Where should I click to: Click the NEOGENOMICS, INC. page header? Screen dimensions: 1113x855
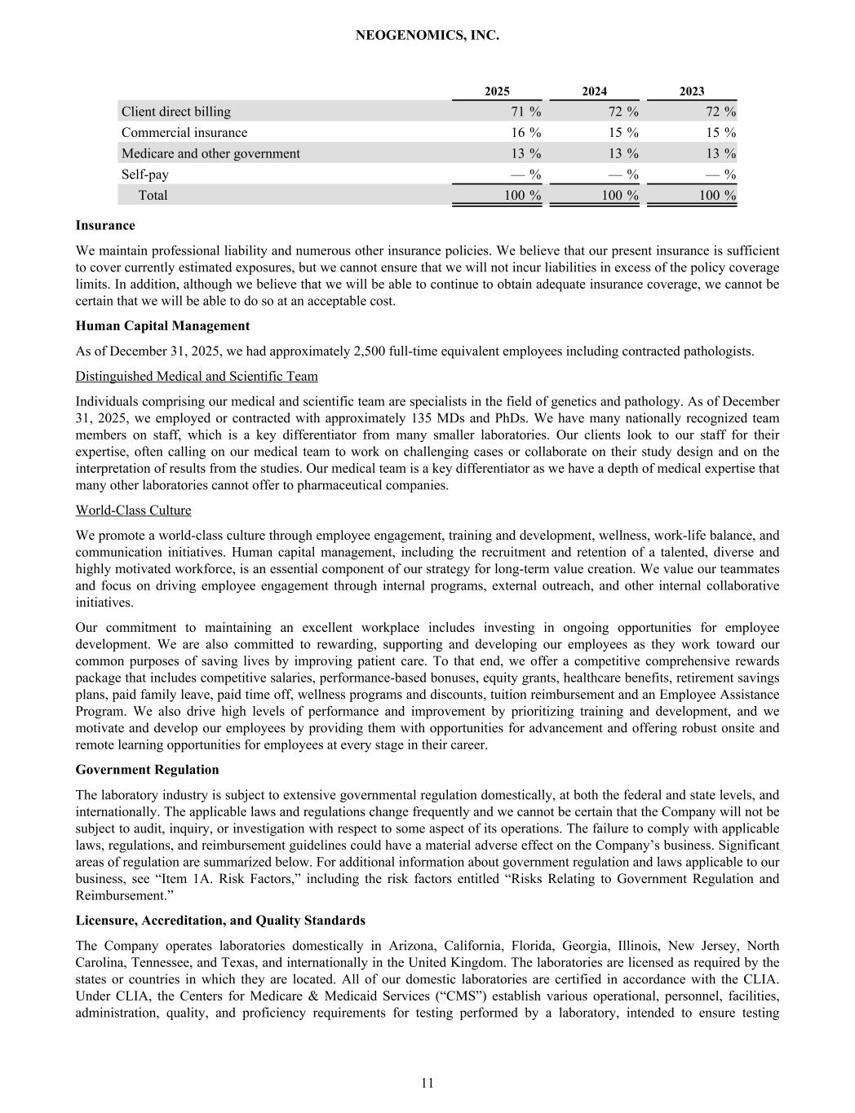[x=427, y=36]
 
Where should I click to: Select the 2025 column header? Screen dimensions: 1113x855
[x=497, y=91]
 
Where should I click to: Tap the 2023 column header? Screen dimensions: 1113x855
[x=692, y=91]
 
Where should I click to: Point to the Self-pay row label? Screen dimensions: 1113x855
[x=145, y=174]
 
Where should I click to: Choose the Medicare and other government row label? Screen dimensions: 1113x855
[x=210, y=153]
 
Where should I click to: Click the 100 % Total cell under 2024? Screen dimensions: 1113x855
[x=620, y=196]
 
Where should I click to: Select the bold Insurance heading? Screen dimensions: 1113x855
[x=105, y=225]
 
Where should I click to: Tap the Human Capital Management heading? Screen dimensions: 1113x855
[x=162, y=326]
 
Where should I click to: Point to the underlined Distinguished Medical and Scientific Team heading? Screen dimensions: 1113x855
[x=197, y=376]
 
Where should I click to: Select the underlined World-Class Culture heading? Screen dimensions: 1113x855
[x=133, y=510]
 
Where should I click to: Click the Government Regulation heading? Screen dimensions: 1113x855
[x=147, y=770]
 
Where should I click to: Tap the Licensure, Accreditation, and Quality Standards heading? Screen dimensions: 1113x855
[x=220, y=921]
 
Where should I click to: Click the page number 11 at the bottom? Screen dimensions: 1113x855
[x=427, y=1083]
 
